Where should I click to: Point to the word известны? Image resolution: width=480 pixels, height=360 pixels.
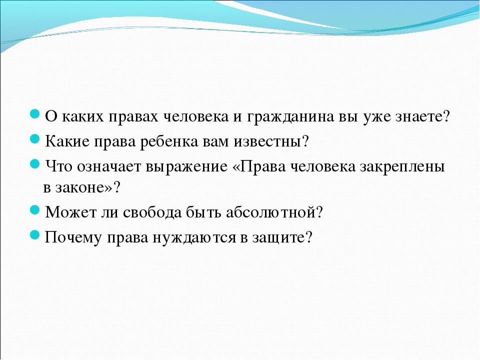point(267,141)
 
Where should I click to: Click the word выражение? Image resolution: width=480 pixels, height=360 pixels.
point(186,167)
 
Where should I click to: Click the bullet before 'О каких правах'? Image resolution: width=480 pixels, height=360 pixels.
point(35,114)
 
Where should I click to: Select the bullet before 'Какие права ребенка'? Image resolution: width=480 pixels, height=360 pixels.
point(35,139)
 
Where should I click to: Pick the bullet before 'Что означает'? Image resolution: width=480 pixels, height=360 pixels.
point(35,164)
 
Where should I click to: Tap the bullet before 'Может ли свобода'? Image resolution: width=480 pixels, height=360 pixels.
point(35,210)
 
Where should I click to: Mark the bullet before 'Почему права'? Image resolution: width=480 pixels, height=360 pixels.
point(35,235)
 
